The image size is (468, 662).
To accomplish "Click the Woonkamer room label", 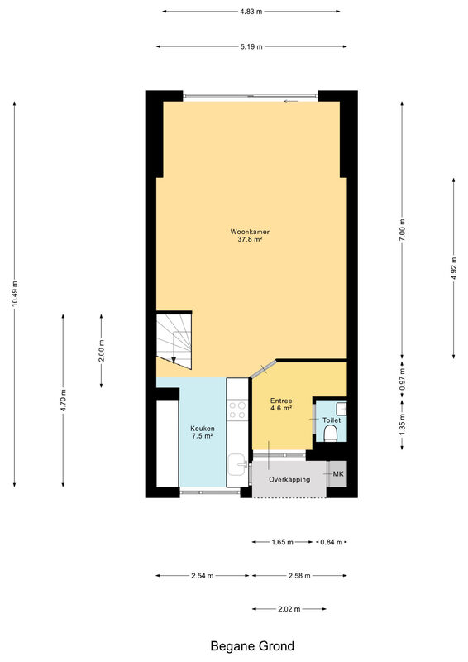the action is (250, 232).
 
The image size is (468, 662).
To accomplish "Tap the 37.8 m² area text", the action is (251, 239).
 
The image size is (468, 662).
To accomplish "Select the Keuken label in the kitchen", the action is (202, 429).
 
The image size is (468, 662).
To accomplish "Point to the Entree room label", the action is (281, 401).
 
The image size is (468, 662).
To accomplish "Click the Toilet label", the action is (332, 420).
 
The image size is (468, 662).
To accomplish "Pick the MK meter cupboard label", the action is (338, 473).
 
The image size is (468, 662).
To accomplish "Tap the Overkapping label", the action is (289, 480).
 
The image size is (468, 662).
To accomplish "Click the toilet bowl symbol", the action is (331, 433).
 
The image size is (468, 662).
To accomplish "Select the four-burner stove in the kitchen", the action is (236, 410).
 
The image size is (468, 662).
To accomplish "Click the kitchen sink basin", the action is (237, 464).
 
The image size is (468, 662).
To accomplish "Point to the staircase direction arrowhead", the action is (174, 360).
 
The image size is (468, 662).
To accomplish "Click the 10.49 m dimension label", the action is (14, 294).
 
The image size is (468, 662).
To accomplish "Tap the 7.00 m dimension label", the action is (402, 230).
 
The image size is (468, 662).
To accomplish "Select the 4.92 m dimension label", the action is (454, 268).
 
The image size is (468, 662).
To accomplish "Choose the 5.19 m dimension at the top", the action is (251, 46).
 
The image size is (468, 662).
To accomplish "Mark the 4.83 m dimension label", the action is (251, 12).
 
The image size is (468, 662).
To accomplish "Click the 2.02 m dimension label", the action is (289, 609).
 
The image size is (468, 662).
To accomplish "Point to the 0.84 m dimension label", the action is (332, 542).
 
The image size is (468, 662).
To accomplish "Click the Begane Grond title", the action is (252, 646).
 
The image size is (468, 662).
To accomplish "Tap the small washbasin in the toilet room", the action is (341, 408).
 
